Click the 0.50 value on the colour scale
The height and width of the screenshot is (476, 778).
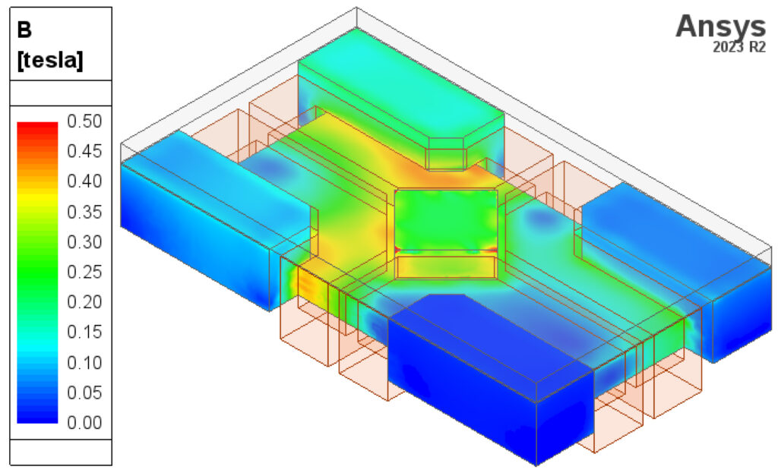84,121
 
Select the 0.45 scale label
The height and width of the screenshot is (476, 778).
84,151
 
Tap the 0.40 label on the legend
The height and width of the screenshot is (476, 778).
84,181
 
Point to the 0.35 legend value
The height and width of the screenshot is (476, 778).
84,212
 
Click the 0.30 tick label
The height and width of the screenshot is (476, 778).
84,242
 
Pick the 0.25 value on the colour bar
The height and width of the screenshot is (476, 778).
84,272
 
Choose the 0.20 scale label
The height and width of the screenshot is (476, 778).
84,301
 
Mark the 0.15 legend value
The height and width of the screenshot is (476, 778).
84,332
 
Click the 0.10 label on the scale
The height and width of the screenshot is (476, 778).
84,362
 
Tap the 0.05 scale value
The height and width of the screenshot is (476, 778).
84,392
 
